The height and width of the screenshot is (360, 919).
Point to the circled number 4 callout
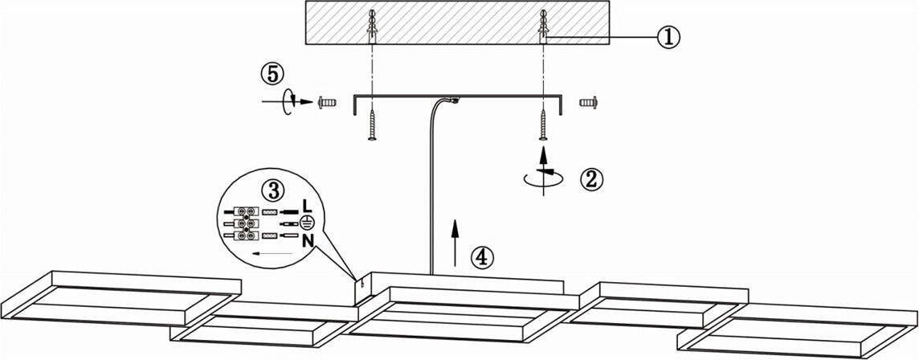482,257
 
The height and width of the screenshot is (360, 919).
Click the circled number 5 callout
272,74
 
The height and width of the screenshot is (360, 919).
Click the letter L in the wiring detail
308,206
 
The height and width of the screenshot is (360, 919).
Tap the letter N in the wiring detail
308,241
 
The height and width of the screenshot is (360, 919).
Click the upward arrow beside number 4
454,243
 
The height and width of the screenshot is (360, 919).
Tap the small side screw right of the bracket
588,103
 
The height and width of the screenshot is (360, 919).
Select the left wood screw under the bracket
372,125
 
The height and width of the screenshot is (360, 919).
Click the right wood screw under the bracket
543,125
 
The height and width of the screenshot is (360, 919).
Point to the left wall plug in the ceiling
372,27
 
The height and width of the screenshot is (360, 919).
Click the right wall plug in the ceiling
543,27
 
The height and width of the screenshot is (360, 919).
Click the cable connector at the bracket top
454,100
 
